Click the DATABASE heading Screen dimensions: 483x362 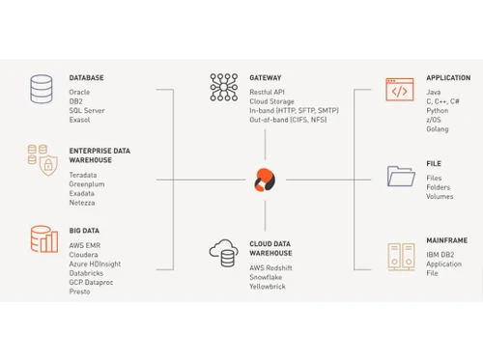(86, 77)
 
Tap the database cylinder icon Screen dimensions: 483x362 (42, 89)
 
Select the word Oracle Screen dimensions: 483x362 (80, 92)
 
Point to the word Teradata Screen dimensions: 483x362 (84, 175)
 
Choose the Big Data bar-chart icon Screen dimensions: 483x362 (42, 240)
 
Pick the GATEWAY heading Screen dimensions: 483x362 (266, 77)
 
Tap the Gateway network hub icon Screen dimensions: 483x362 (223, 87)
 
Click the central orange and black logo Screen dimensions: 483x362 (262, 181)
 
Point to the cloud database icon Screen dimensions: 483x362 (223, 254)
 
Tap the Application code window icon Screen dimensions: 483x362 (399, 90)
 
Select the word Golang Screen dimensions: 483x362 (439, 128)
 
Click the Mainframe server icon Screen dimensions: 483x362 (399, 256)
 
